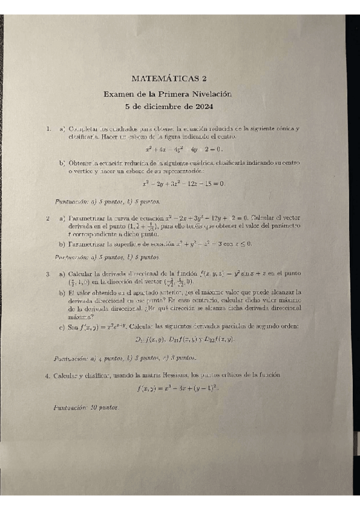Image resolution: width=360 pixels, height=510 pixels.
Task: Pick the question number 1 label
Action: pyautogui.click(x=47, y=129)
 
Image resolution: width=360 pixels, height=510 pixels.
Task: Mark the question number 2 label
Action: pyautogui.click(x=47, y=217)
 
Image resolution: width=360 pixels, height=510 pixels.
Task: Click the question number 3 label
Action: pyautogui.click(x=47, y=274)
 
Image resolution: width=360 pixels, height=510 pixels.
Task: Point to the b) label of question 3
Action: pyautogui.click(x=62, y=293)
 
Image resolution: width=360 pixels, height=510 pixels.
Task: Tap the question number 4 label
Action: pyautogui.click(x=47, y=375)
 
